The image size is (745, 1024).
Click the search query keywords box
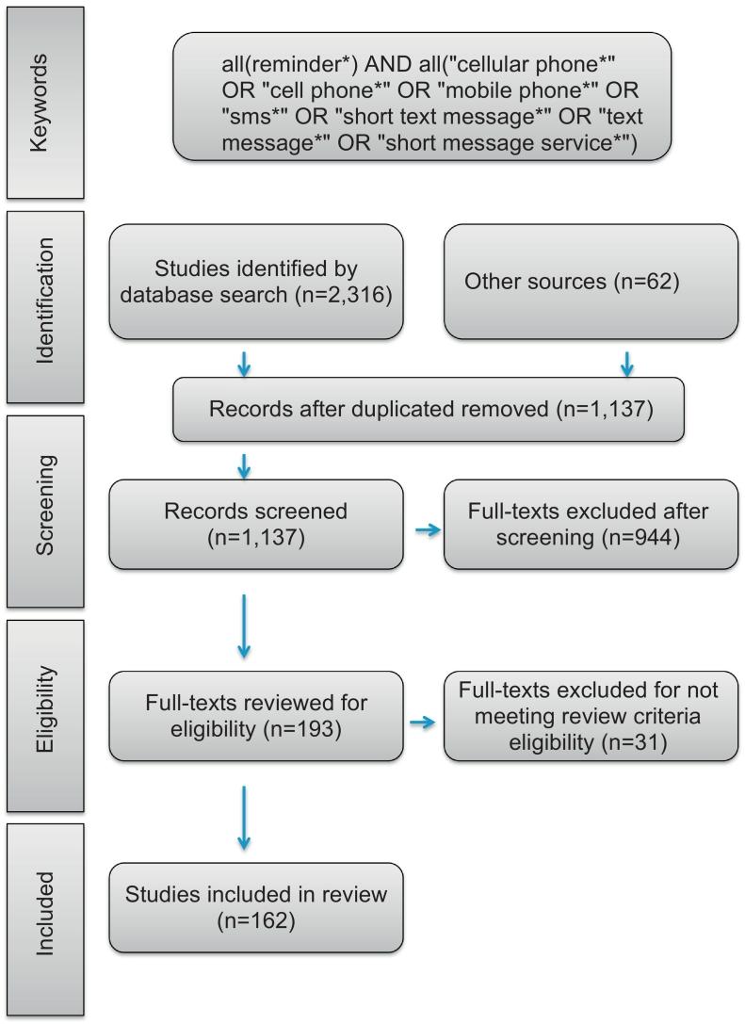(422, 95)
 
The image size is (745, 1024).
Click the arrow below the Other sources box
(626, 363)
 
